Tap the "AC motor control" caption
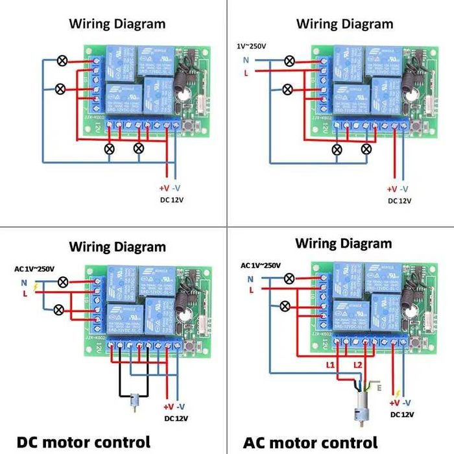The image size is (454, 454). [310, 442]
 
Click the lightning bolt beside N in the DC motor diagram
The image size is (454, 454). [36, 286]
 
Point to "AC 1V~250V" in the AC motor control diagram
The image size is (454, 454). [261, 266]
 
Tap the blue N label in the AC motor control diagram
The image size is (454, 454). [250, 279]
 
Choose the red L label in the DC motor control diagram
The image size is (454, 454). [25, 294]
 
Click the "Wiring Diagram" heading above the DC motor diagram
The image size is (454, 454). [117, 246]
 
